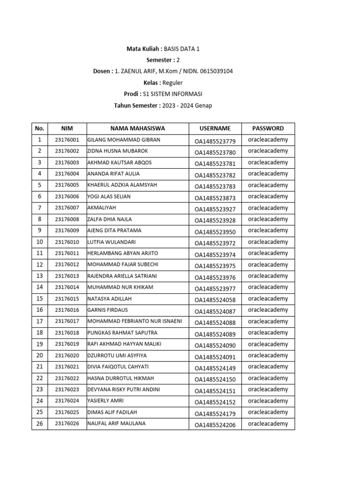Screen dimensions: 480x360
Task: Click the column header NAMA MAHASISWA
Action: tap(137, 128)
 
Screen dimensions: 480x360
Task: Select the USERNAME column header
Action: tap(215, 128)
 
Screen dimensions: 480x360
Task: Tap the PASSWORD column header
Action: tap(268, 128)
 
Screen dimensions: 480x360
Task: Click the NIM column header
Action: tap(67, 128)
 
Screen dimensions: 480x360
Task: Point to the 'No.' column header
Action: tap(39, 128)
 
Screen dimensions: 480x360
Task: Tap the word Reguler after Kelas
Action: tap(173, 83)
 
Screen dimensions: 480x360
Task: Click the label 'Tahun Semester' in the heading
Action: tap(136, 105)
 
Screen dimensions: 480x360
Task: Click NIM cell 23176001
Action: tap(67, 140)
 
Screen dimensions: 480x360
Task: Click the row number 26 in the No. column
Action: tap(39, 424)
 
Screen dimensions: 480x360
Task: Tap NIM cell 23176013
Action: tap(67, 276)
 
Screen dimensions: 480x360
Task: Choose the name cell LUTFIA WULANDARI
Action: tap(111, 242)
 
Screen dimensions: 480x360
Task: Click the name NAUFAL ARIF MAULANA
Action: tap(116, 423)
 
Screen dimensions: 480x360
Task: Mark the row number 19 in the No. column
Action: tap(39, 344)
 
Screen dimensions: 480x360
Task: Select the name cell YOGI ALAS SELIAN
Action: tap(109, 196)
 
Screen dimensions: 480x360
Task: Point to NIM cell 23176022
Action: tap(67, 378)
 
